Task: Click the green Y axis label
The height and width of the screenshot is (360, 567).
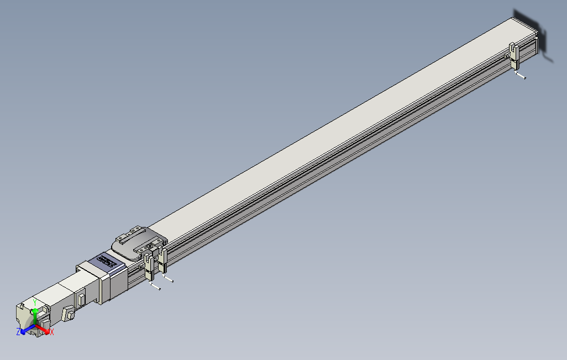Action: point(35,302)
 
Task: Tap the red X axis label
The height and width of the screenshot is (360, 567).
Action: point(51,332)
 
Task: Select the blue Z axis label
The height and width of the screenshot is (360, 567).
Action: point(18,332)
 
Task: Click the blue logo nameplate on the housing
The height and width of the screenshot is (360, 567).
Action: point(108,261)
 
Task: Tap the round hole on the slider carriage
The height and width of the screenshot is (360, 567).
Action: point(150,246)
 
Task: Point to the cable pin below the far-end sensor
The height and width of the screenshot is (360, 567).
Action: point(521,76)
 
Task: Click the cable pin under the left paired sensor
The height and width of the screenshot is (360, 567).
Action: point(155,287)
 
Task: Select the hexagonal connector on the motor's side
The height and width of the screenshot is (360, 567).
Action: point(70,314)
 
